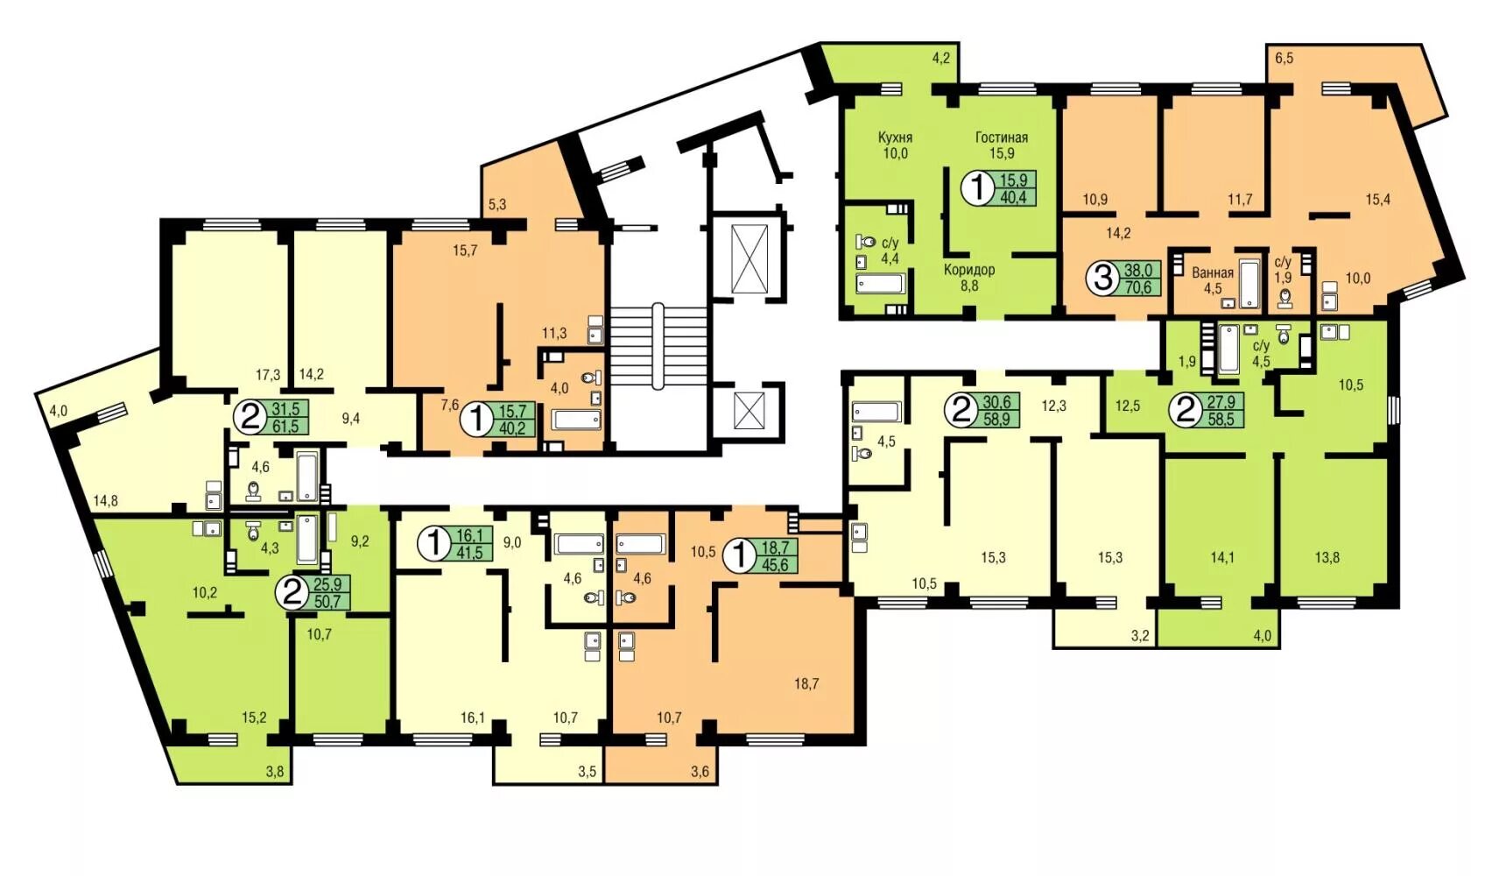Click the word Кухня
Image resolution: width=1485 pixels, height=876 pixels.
[895, 138]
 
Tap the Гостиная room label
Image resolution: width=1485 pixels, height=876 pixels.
[1002, 138]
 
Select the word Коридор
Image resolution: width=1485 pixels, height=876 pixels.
[969, 270]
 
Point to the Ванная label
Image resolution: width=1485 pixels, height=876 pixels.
[1213, 272]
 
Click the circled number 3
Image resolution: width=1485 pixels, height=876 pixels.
[1102, 278]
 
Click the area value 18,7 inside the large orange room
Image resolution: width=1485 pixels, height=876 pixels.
[806, 683]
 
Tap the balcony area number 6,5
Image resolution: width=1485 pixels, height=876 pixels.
[1284, 59]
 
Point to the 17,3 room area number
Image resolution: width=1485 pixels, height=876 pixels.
[268, 375]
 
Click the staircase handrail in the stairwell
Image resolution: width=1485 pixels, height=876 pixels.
[658, 346]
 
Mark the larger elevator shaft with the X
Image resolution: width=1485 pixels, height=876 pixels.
[750, 258]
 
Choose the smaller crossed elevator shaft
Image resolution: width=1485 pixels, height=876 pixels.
[750, 411]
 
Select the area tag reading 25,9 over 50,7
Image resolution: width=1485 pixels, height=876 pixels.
[332, 593]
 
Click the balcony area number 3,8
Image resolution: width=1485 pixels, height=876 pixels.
[274, 772]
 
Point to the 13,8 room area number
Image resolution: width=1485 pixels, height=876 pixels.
[1327, 558]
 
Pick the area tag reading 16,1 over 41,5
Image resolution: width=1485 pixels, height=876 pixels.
[474, 544]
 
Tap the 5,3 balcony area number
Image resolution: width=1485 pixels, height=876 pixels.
[497, 205]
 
